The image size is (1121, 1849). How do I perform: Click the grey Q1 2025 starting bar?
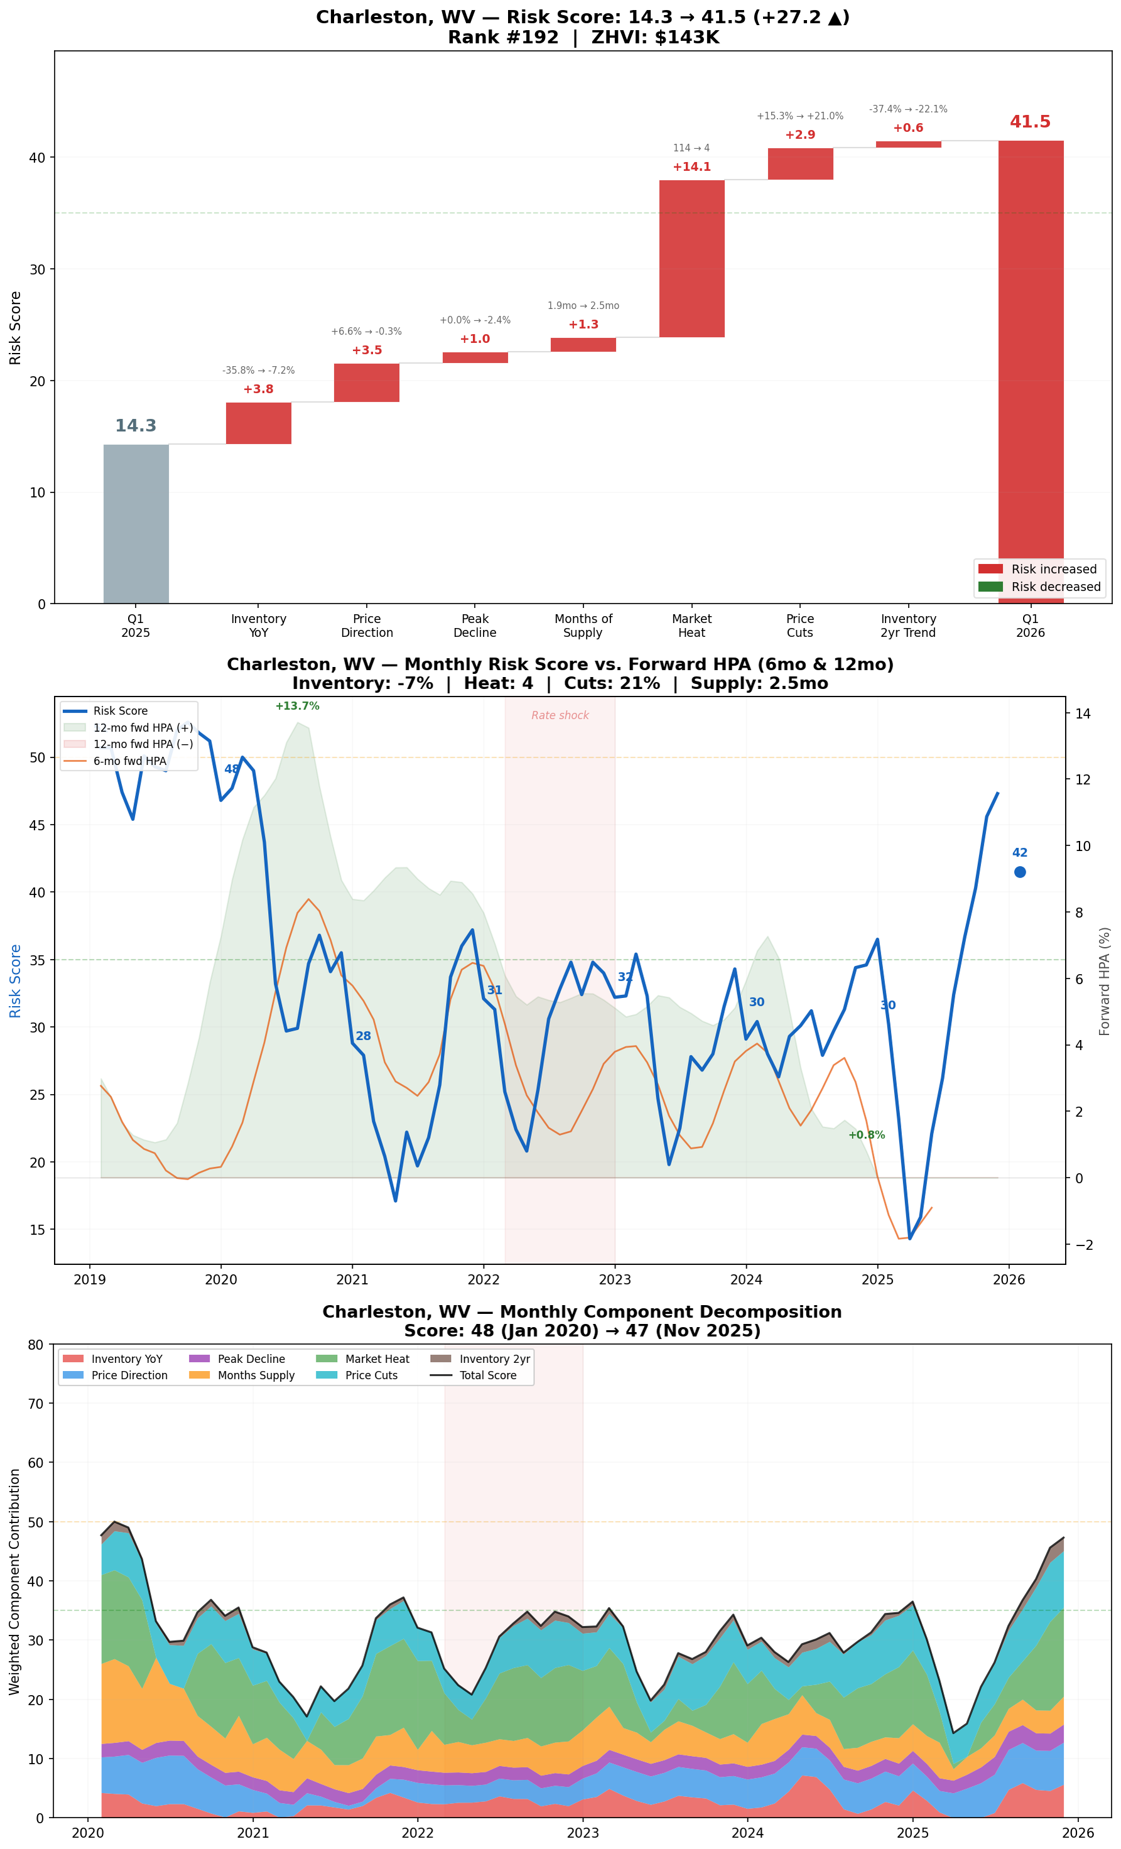[x=136, y=524]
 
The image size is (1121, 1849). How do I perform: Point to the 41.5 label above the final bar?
[x=1029, y=122]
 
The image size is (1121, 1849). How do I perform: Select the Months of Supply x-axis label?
[x=583, y=625]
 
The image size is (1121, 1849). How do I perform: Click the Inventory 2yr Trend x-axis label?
[x=908, y=625]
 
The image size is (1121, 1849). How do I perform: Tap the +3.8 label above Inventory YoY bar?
[x=258, y=389]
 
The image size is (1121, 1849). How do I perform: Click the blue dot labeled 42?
[x=1020, y=872]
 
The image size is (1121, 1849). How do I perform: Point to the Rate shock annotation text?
[x=560, y=715]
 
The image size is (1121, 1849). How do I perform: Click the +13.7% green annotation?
[x=297, y=706]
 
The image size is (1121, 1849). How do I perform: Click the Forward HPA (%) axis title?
[x=1104, y=982]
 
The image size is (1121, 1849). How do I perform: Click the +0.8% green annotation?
[x=866, y=1135]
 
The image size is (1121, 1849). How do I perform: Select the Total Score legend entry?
[x=488, y=1375]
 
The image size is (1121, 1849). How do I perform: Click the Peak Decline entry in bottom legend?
[x=251, y=1359]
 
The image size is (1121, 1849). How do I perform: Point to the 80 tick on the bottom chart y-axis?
[x=35, y=1345]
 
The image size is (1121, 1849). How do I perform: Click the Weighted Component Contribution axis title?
[x=14, y=1580]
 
